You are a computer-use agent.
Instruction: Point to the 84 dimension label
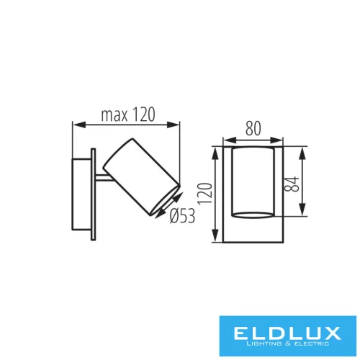tap(290, 183)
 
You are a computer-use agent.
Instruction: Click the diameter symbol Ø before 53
tap(169, 215)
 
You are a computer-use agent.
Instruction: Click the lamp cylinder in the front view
tap(253, 183)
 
